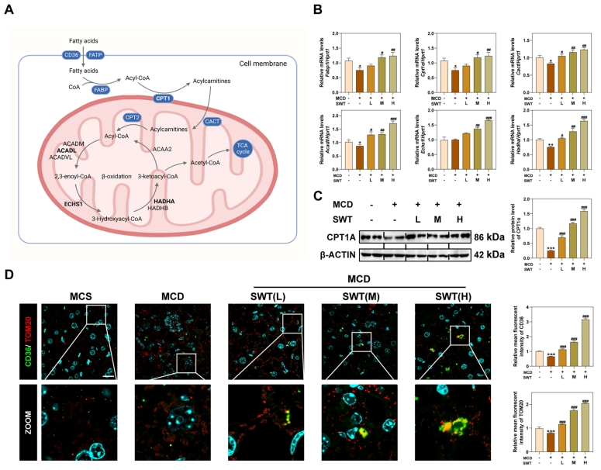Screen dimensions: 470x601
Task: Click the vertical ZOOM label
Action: pyautogui.click(x=28, y=403)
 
